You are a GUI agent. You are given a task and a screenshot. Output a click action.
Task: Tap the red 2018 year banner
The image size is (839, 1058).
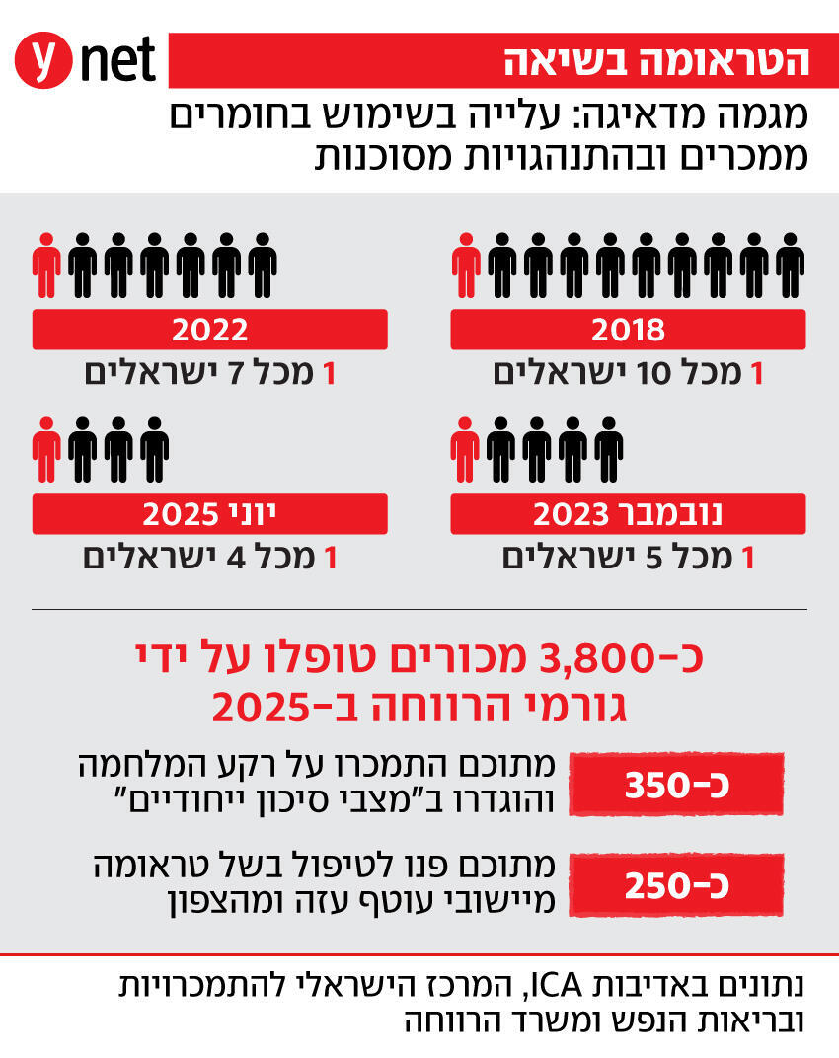pyautogui.click(x=628, y=329)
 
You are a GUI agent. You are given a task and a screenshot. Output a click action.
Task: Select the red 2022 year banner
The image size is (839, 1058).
pyautogui.click(x=209, y=329)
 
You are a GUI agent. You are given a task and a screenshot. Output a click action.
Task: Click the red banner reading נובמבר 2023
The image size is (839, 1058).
pyautogui.click(x=628, y=513)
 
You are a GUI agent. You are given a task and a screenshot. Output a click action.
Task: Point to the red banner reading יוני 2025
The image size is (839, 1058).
pyautogui.click(x=209, y=513)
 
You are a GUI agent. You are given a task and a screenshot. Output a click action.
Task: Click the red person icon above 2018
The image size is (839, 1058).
pyautogui.click(x=467, y=265)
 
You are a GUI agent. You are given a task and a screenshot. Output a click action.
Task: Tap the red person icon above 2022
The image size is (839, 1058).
pyautogui.click(x=46, y=265)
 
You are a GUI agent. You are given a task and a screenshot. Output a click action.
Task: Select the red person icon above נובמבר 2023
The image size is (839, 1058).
pyautogui.click(x=467, y=449)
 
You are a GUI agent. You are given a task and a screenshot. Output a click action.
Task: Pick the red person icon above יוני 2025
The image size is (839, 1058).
pyautogui.click(x=46, y=449)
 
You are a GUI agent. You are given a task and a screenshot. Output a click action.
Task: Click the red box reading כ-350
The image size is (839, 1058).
pyautogui.click(x=677, y=786)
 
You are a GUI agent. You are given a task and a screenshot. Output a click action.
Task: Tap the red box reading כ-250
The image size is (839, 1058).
pyautogui.click(x=677, y=883)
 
